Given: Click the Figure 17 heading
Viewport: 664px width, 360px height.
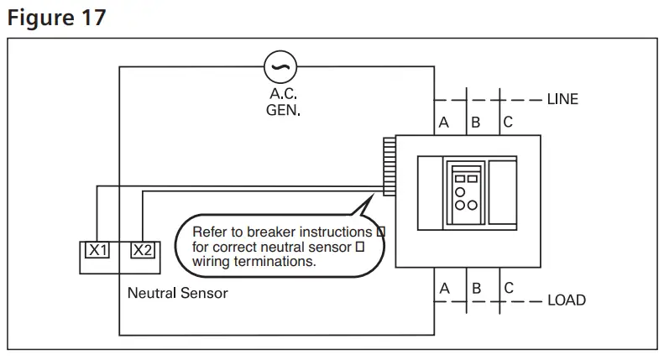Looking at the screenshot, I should [x=57, y=18].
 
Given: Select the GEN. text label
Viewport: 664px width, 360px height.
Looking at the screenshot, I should [x=283, y=110].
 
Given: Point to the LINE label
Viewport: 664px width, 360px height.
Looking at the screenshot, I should [x=562, y=99].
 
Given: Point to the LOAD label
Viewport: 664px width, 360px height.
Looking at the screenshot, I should [x=566, y=300].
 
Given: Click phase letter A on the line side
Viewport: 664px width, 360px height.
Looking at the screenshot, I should [x=444, y=123].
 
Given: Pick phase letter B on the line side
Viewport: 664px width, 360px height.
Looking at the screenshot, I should [x=475, y=123].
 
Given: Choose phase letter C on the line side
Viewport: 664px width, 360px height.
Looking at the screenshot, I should [x=507, y=123].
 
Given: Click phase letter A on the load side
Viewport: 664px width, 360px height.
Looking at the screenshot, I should [x=444, y=288].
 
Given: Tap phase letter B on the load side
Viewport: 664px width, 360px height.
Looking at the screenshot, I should [x=475, y=288].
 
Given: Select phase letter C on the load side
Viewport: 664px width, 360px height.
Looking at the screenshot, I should [x=508, y=288].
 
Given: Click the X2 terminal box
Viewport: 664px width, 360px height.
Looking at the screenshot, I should [x=142, y=249].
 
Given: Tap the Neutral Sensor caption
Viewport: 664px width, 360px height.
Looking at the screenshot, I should [x=177, y=294].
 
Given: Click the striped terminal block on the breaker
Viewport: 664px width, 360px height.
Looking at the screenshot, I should [x=389, y=166].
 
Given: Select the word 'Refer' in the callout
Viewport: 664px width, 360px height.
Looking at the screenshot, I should [x=208, y=231].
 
